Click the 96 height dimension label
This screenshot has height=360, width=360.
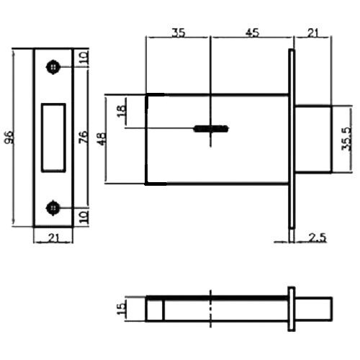click(x=9, y=137)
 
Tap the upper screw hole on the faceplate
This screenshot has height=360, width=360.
click(x=53, y=67)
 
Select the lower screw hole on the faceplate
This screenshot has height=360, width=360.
click(x=53, y=208)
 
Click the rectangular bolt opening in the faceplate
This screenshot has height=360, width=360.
click(x=53, y=138)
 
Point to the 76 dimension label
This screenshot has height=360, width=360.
click(x=84, y=137)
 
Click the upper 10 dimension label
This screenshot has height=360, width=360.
click(x=84, y=58)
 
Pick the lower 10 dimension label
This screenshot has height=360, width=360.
click(x=84, y=217)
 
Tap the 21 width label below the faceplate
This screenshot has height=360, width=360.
click(x=54, y=238)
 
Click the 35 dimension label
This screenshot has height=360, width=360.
click(x=179, y=32)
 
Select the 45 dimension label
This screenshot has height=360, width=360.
click(x=252, y=32)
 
